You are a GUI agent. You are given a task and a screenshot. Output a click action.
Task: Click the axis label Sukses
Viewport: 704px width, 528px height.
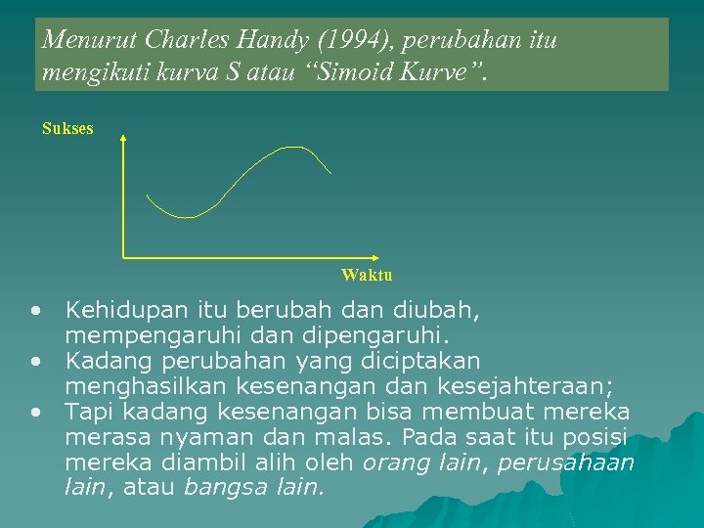(67, 128)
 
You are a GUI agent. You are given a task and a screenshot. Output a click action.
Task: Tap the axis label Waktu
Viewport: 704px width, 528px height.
(367, 275)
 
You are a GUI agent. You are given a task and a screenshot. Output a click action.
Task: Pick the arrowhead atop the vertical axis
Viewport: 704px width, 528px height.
(122, 139)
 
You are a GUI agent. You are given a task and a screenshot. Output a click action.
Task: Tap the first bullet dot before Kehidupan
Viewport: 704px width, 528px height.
(35, 312)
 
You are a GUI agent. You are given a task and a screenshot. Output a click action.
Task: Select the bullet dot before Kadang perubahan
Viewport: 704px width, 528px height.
(35, 361)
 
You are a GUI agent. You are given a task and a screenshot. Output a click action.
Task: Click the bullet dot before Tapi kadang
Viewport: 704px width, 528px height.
(35, 410)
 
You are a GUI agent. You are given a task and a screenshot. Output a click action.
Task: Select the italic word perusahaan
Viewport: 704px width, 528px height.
(566, 461)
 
